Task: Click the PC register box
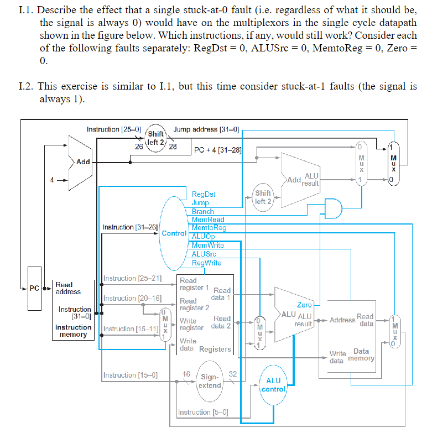pos(34,288)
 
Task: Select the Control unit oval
pos(174,233)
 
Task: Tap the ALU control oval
pos(273,384)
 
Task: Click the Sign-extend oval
pos(210,381)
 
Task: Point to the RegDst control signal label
pos(203,194)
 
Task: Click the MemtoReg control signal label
pos(209,228)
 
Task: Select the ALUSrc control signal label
pos(204,254)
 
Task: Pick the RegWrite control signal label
pos(206,263)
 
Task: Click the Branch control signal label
pos(202,211)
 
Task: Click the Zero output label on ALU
pos(304,305)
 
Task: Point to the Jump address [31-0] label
pos(206,129)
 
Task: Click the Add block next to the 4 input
pos(83,162)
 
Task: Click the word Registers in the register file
pos(215,349)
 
